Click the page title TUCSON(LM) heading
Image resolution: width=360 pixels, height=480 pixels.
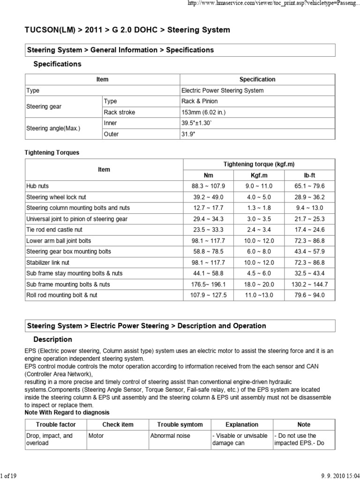coord(127,30)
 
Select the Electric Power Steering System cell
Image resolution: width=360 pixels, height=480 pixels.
coord(222,90)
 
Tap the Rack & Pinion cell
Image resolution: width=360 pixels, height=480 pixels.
coord(199,101)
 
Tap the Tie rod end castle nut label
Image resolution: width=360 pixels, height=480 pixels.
coord(54,230)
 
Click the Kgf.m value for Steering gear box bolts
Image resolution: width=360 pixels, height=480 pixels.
coord(259,252)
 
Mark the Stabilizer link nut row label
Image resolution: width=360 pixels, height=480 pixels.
coord(48,262)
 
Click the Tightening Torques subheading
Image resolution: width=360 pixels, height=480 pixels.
coord(52,152)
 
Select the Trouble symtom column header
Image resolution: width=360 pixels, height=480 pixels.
coord(180,425)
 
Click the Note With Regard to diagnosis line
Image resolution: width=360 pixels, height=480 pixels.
coord(67,412)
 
